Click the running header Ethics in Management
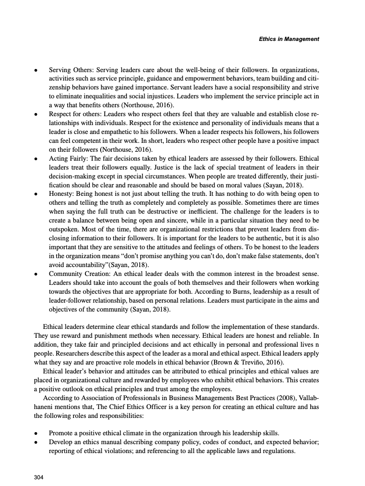[x=288, y=39]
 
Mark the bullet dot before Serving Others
[x=36, y=70]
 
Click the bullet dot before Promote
[x=36, y=432]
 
